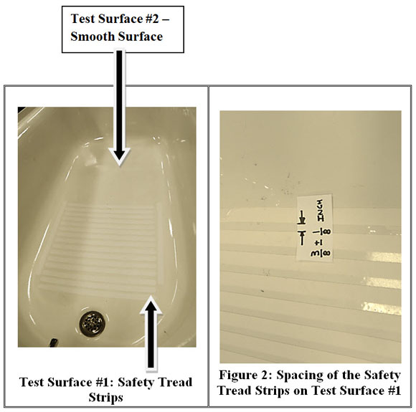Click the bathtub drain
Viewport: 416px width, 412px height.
(92, 324)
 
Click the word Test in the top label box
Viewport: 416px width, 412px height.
(82, 19)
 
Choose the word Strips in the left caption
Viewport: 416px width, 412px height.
(105, 398)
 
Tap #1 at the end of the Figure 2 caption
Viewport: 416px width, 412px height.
(394, 391)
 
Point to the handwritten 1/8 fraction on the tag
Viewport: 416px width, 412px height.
(321, 232)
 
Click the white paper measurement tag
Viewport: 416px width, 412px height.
(315, 227)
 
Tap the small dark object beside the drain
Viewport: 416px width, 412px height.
(54, 342)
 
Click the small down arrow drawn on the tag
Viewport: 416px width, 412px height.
(302, 217)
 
